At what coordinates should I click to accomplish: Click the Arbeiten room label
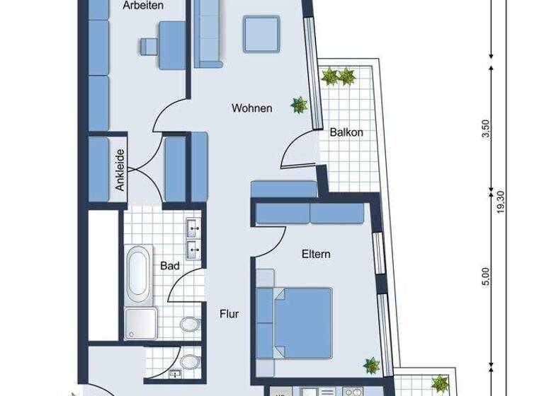coord(143,6)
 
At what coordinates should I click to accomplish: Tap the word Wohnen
coord(251,109)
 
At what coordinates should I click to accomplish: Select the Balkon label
coord(347,132)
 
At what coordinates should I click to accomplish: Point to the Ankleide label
coord(121,170)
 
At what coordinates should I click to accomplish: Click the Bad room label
coord(169,266)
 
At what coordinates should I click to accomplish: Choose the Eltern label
coord(317,254)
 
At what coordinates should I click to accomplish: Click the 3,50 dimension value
coord(485,130)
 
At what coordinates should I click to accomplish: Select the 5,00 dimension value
coord(485,276)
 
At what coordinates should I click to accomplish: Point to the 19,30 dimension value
coord(501,204)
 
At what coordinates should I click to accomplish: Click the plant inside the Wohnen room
coord(300,106)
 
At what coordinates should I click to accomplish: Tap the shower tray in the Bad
coord(142,325)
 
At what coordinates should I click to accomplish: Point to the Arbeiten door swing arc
coord(167,113)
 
